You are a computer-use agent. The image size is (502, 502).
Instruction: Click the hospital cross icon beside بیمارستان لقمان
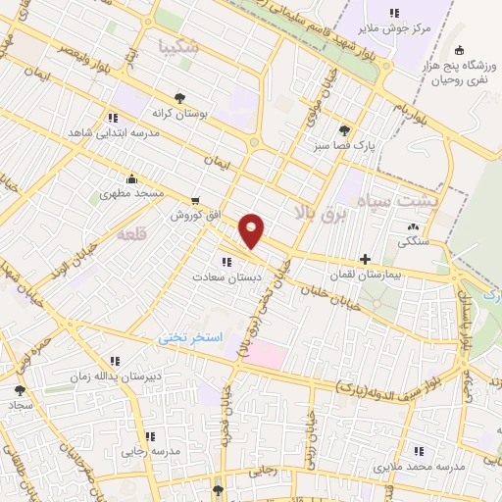click(366, 261)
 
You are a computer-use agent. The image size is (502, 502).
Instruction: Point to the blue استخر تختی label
click(192, 336)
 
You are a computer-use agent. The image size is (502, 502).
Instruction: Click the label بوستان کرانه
click(179, 113)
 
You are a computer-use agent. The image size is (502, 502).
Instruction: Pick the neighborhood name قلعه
click(129, 235)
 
